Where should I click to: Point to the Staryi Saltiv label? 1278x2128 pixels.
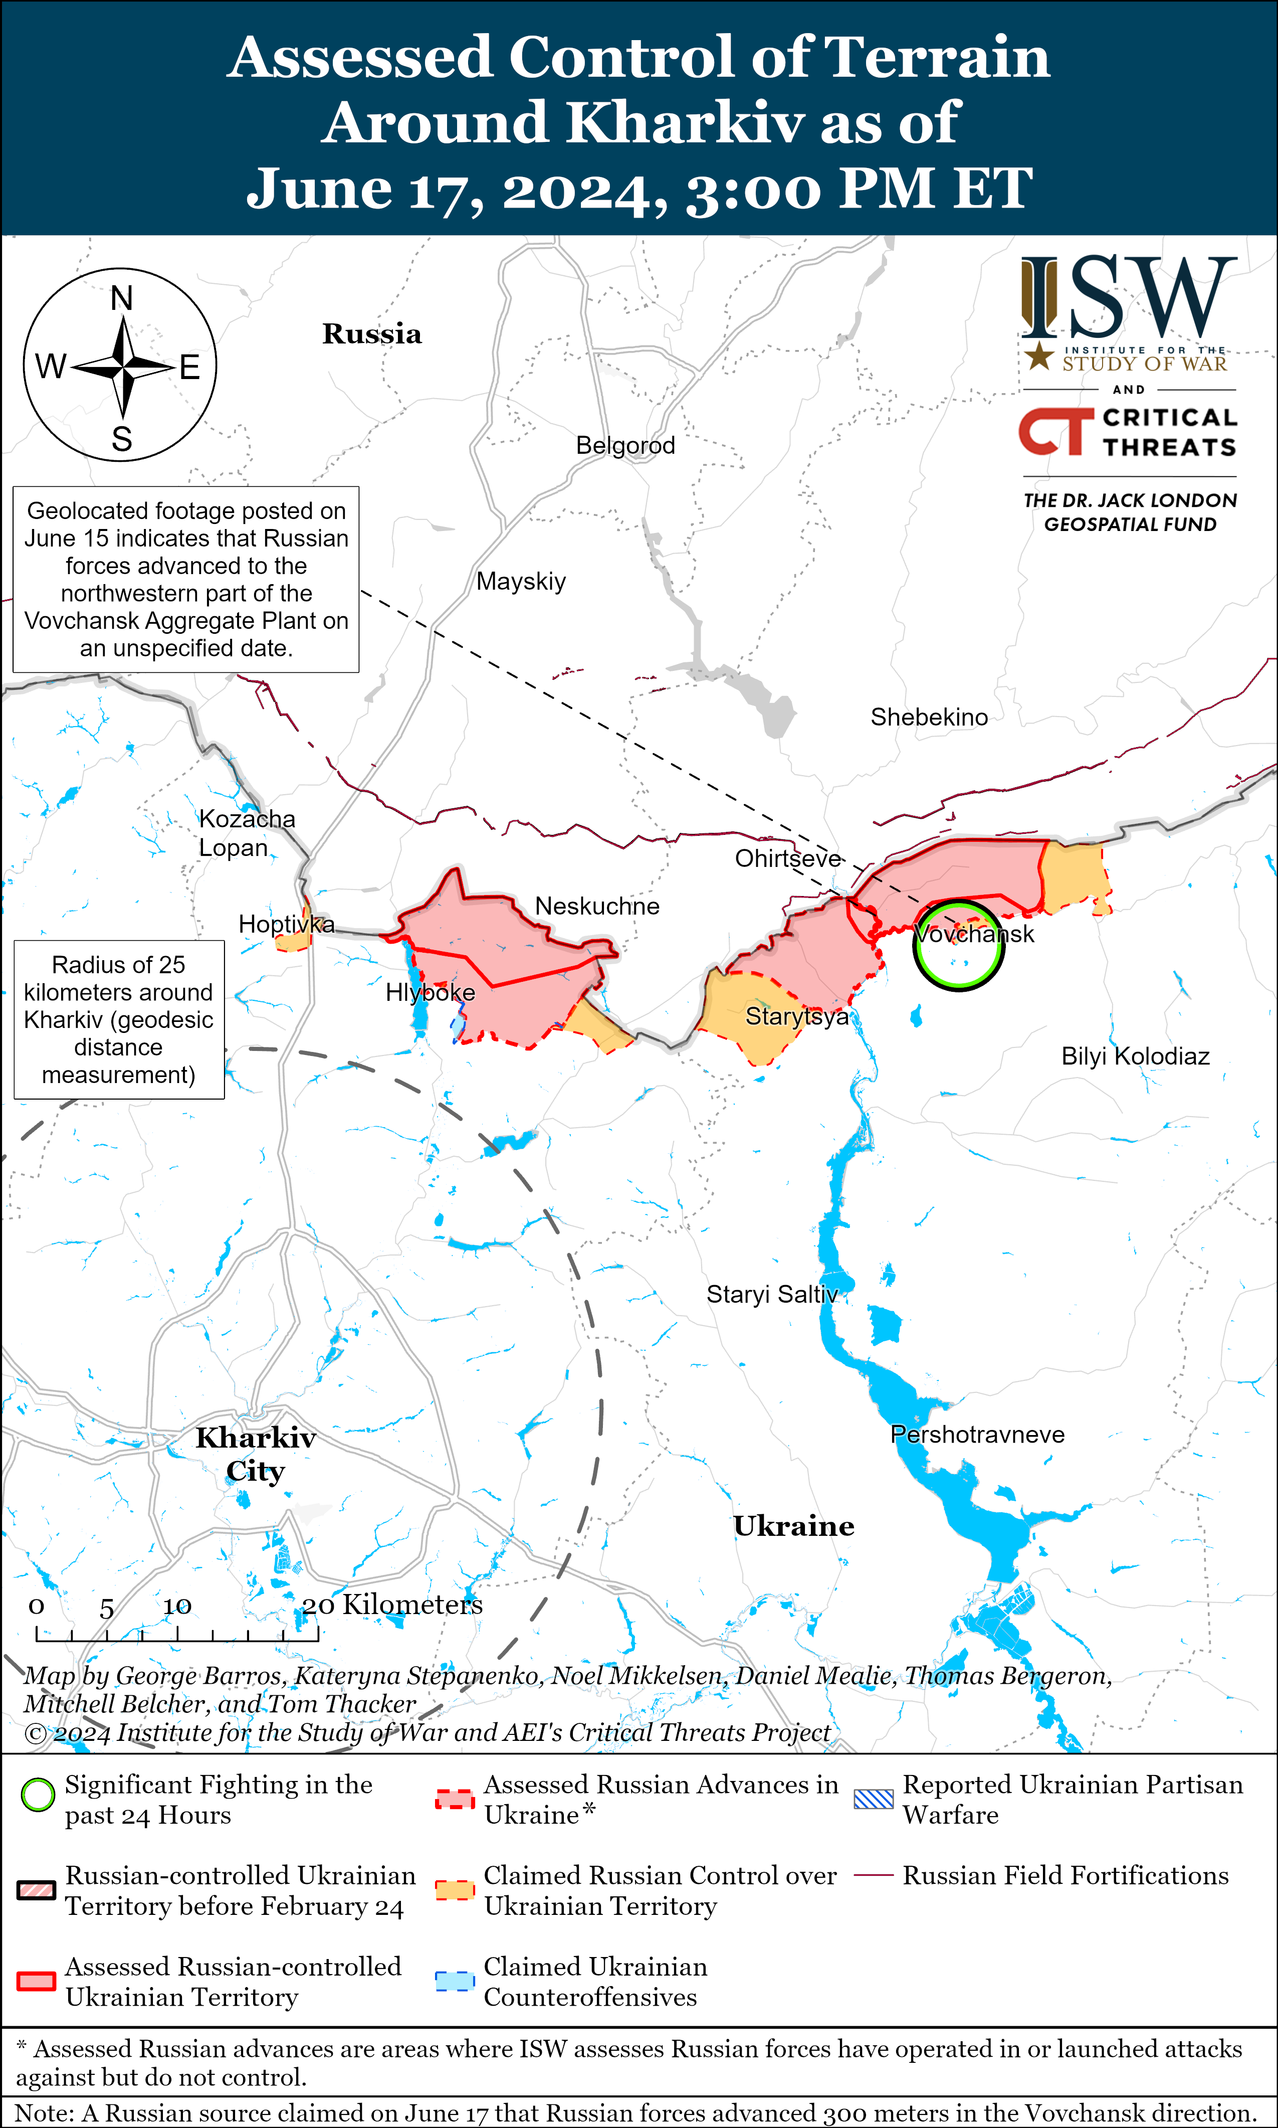(772, 1294)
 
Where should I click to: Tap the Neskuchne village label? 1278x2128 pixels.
(597, 907)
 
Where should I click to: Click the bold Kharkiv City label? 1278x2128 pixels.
(255, 1454)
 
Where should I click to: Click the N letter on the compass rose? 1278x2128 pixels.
(121, 299)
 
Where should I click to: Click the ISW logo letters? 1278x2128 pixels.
(1128, 297)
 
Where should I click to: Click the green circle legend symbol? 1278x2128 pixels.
(38, 1796)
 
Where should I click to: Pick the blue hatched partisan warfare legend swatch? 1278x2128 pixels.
(873, 1799)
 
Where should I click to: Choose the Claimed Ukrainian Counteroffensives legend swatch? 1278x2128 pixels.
(454, 1981)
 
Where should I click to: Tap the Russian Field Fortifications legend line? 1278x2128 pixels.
(873, 1876)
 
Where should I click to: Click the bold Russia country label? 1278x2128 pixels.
(372, 334)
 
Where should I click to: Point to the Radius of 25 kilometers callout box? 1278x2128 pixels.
(119, 1019)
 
